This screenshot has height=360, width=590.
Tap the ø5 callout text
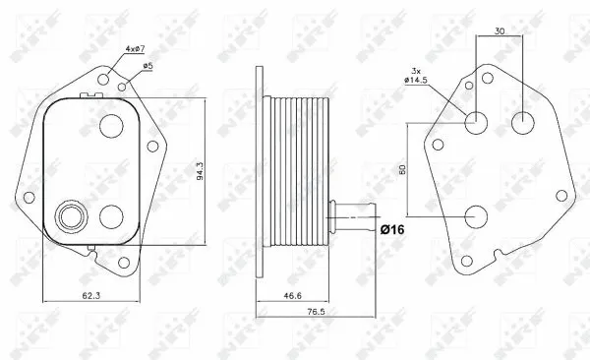tap(147, 67)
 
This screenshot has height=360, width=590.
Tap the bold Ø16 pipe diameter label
tap(393, 229)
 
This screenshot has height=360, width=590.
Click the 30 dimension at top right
tap(501, 30)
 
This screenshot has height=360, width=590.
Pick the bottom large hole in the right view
tap(476, 216)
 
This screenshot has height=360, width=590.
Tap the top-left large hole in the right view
tap(476, 122)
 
